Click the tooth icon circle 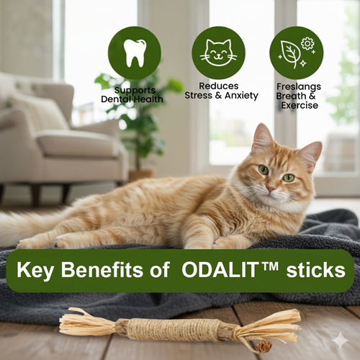[134, 53]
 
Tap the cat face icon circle [218, 53]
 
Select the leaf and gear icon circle [296, 53]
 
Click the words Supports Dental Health [135, 94]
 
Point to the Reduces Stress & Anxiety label [218, 91]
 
